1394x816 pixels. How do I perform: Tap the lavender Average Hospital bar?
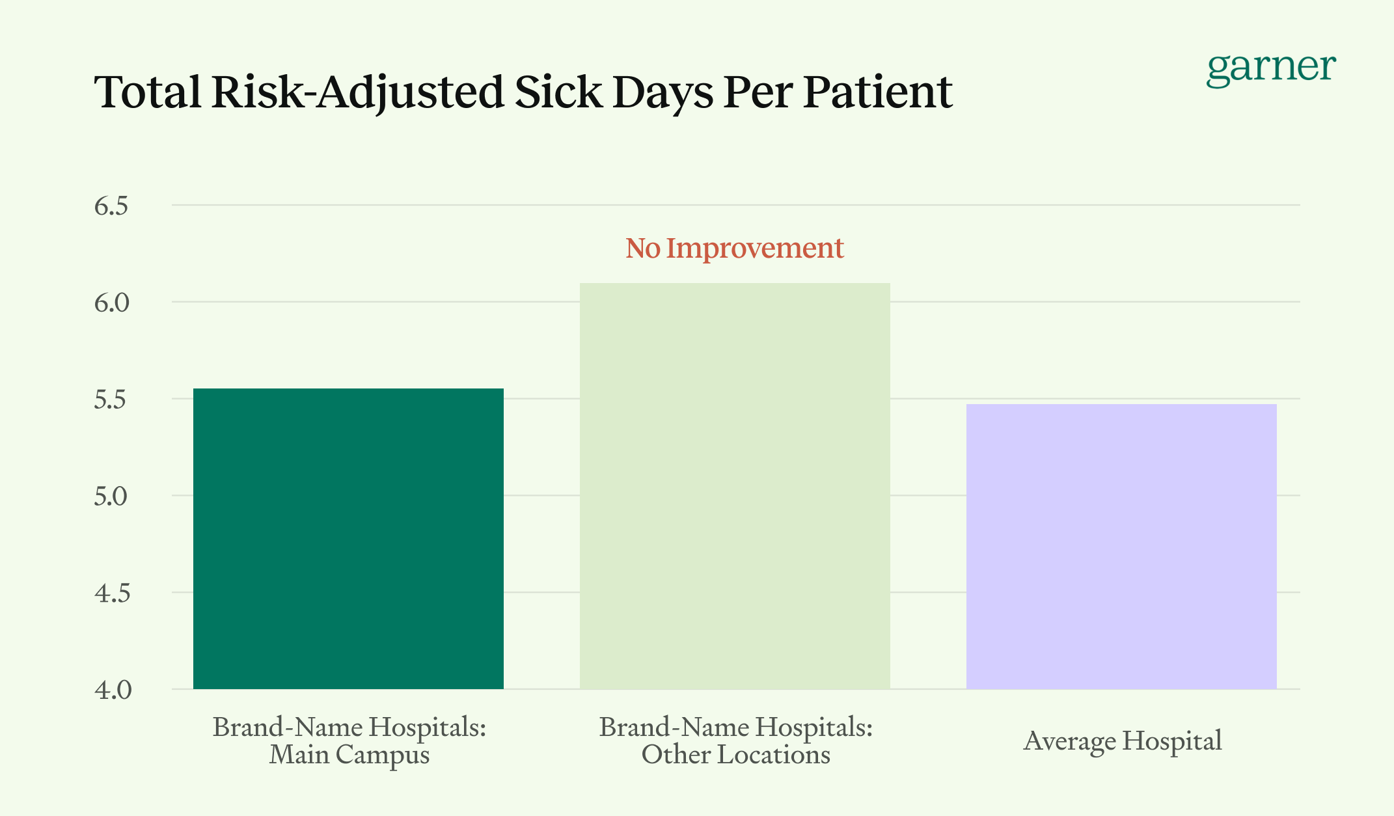pyautogui.click(x=1121, y=547)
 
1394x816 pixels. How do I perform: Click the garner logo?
pyautogui.click(x=1270, y=68)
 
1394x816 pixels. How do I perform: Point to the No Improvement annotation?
pyautogui.click(x=734, y=248)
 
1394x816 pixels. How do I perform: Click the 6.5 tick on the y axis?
pyautogui.click(x=111, y=206)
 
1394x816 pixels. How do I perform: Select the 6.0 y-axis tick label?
pyautogui.click(x=111, y=303)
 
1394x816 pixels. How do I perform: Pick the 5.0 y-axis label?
pyautogui.click(x=111, y=496)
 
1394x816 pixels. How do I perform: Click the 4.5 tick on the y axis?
pyautogui.click(x=112, y=593)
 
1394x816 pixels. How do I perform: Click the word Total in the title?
pyautogui.click(x=148, y=92)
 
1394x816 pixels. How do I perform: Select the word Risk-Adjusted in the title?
pyautogui.click(x=357, y=93)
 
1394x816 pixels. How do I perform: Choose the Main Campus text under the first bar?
pyautogui.click(x=349, y=755)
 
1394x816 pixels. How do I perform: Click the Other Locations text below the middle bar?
pyautogui.click(x=735, y=755)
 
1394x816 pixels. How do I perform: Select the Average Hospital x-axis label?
pyautogui.click(x=1122, y=741)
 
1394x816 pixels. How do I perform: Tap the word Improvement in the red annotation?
pyautogui.click(x=754, y=248)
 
